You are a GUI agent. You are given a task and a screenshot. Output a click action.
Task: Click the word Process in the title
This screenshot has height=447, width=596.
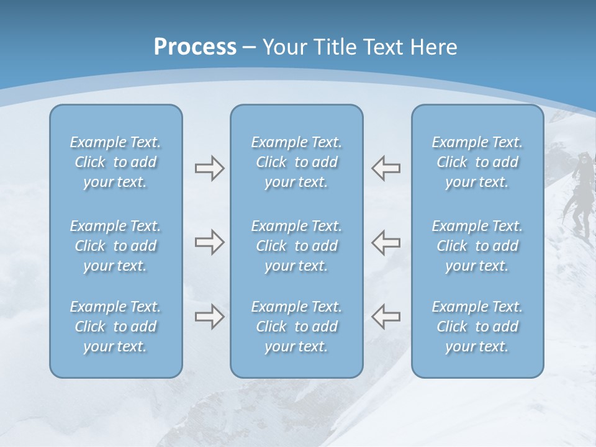click(195, 47)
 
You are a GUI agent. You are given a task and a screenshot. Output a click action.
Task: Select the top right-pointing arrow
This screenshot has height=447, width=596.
click(210, 168)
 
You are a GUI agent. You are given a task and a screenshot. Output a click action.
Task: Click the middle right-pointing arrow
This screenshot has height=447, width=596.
click(210, 242)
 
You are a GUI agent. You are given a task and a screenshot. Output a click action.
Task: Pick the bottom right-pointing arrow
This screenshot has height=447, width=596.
click(210, 317)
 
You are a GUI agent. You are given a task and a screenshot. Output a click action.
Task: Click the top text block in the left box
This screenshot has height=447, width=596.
click(115, 162)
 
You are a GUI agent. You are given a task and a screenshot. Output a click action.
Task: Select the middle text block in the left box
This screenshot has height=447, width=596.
click(115, 246)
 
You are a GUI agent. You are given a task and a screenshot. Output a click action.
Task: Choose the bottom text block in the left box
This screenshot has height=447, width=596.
click(115, 327)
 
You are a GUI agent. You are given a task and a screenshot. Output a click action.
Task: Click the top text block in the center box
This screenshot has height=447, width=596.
click(297, 162)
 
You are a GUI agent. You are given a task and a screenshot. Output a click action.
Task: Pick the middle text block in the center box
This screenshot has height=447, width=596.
click(297, 246)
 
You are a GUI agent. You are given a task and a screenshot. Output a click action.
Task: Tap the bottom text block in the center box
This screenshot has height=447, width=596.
click(297, 327)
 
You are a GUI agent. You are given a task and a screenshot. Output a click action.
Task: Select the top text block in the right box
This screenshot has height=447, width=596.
click(477, 162)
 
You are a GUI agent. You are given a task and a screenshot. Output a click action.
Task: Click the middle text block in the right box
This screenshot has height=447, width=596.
click(477, 246)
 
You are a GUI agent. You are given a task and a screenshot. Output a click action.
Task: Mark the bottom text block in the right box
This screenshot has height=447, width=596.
click(477, 327)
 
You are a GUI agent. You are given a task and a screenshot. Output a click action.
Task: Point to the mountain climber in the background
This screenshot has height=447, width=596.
click(580, 199)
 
